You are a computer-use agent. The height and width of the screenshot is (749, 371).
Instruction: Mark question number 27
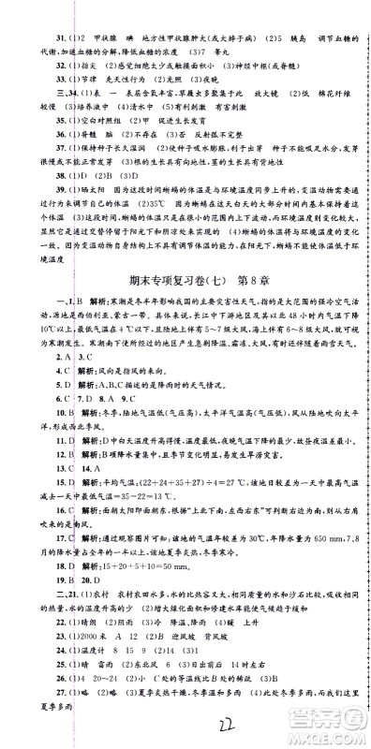click(x=31, y=724)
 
